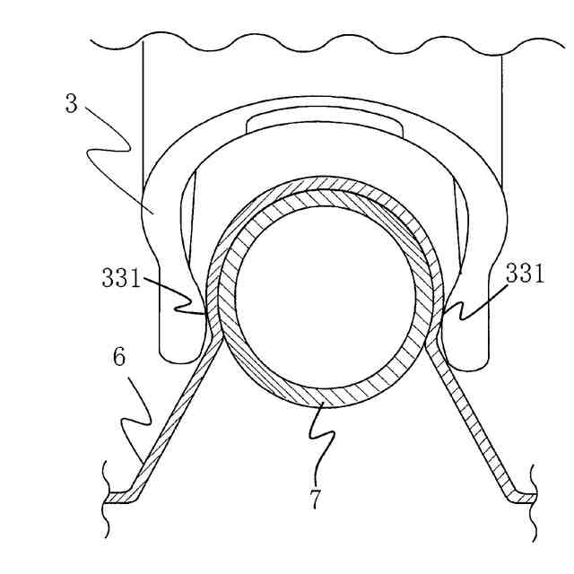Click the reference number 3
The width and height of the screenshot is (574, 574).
click(x=72, y=103)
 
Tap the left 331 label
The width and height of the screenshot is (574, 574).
click(x=120, y=278)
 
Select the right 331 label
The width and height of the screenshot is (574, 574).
click(x=525, y=274)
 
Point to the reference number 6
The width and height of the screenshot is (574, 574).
click(x=119, y=358)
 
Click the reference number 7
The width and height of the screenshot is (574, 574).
click(x=316, y=499)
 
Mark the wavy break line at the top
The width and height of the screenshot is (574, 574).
click(x=323, y=43)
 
